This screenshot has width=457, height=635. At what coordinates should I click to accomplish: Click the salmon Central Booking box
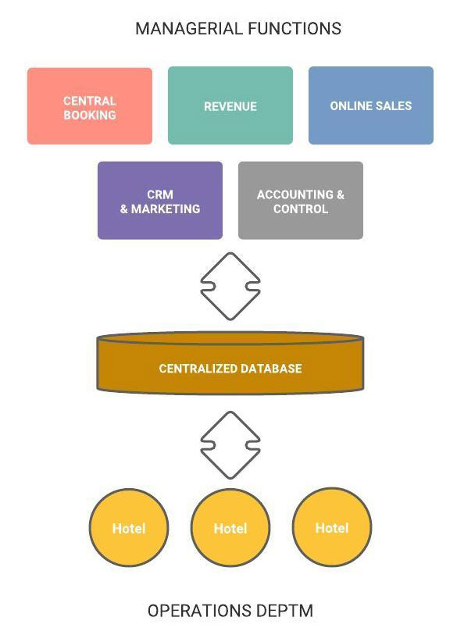point(90,106)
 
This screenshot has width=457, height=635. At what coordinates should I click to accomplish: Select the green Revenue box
point(230,105)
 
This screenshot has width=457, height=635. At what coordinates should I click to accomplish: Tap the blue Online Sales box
point(371,105)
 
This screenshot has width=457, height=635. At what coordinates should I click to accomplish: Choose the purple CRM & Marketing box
point(160,201)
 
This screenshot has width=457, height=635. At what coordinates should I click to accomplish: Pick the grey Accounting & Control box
point(301,201)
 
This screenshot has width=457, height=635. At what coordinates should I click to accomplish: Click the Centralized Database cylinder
point(230,363)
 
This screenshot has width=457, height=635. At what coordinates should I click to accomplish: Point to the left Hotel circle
point(129,527)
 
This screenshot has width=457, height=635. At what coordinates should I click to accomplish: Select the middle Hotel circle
point(230,527)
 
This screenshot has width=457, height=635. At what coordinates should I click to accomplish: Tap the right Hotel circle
point(332,527)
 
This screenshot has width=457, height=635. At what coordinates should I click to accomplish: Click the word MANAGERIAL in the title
point(188,29)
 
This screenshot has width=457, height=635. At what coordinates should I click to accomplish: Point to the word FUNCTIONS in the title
point(295,29)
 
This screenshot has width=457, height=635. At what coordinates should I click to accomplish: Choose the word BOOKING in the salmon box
point(90,115)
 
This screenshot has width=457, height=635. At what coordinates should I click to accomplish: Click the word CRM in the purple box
point(160,194)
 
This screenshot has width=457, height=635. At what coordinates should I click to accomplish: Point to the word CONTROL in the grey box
point(301,209)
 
